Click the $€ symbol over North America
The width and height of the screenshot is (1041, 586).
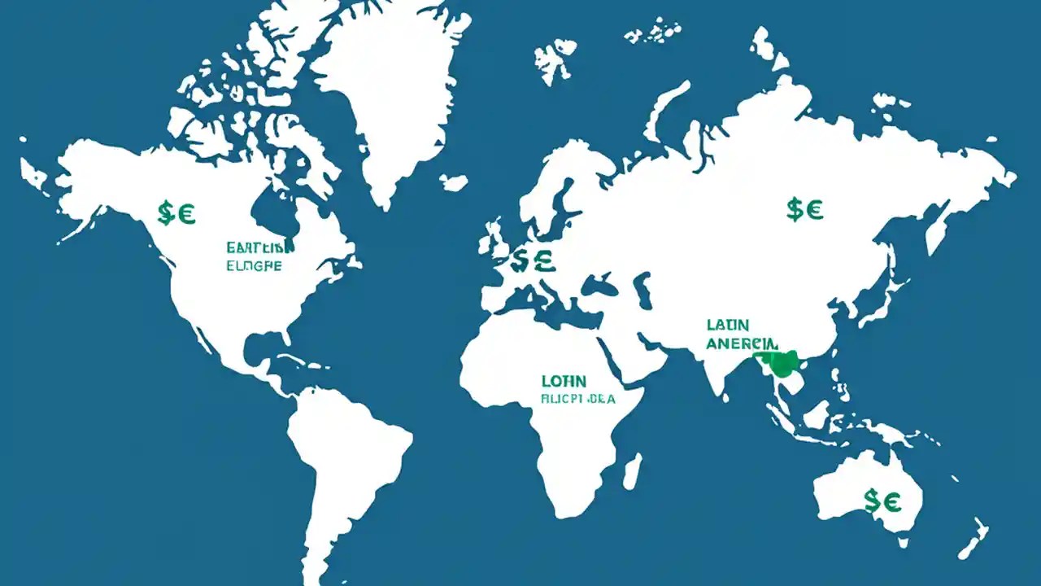(x=176, y=213)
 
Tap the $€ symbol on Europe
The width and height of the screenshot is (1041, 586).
(x=533, y=260)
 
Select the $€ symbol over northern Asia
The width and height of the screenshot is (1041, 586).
(x=804, y=209)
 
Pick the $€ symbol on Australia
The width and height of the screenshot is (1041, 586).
(x=882, y=501)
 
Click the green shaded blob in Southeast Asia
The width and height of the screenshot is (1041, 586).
(x=782, y=363)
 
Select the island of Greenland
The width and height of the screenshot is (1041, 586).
(x=390, y=90)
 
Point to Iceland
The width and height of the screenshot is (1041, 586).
(x=454, y=182)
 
